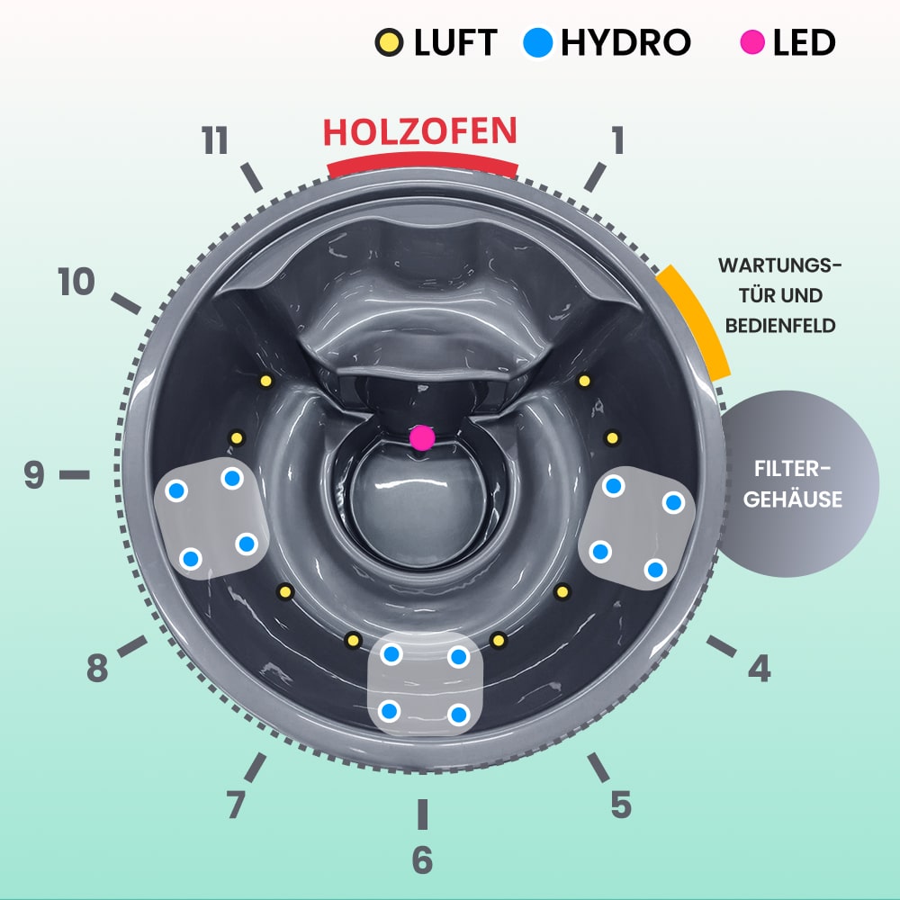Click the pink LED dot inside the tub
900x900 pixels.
click(421, 437)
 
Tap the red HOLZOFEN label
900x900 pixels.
click(420, 132)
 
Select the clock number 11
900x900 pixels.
click(215, 142)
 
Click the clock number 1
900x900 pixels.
click(616, 140)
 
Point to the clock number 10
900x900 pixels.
click(76, 283)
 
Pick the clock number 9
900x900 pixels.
click(34, 474)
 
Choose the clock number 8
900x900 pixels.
click(98, 670)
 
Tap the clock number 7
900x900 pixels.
click(236, 804)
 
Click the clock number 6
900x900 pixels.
click(422, 859)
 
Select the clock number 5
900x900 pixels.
click(620, 804)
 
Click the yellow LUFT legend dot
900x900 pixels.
click(389, 43)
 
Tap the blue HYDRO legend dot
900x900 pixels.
click(537, 43)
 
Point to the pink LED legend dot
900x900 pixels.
click(754, 42)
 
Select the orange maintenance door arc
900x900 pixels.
click(693, 320)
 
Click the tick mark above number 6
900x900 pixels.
click(422, 814)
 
